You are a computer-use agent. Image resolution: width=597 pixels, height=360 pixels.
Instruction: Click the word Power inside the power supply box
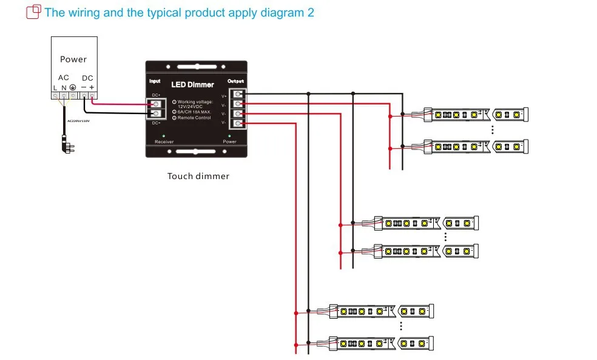[x=73, y=59]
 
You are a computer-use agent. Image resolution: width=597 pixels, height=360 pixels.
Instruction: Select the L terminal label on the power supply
[x=55, y=88]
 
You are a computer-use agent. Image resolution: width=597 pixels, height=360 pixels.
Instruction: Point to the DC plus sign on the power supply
[x=92, y=87]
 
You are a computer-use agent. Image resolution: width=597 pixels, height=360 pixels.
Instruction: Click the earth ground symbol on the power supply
[x=73, y=88]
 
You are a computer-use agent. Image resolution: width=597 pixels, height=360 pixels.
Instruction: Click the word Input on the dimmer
[x=155, y=81]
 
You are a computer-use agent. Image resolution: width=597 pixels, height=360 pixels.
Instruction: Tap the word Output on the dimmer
[x=235, y=81]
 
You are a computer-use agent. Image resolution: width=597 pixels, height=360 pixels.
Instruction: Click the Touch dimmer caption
[x=198, y=177]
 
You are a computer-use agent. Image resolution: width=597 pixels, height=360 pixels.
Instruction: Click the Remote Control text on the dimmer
[x=194, y=118]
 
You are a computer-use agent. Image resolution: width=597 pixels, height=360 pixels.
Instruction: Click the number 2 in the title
[x=311, y=12]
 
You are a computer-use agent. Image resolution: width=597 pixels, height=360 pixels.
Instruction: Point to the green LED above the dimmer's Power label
[x=229, y=135]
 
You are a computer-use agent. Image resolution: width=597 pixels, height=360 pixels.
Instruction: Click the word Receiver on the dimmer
[x=164, y=142]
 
